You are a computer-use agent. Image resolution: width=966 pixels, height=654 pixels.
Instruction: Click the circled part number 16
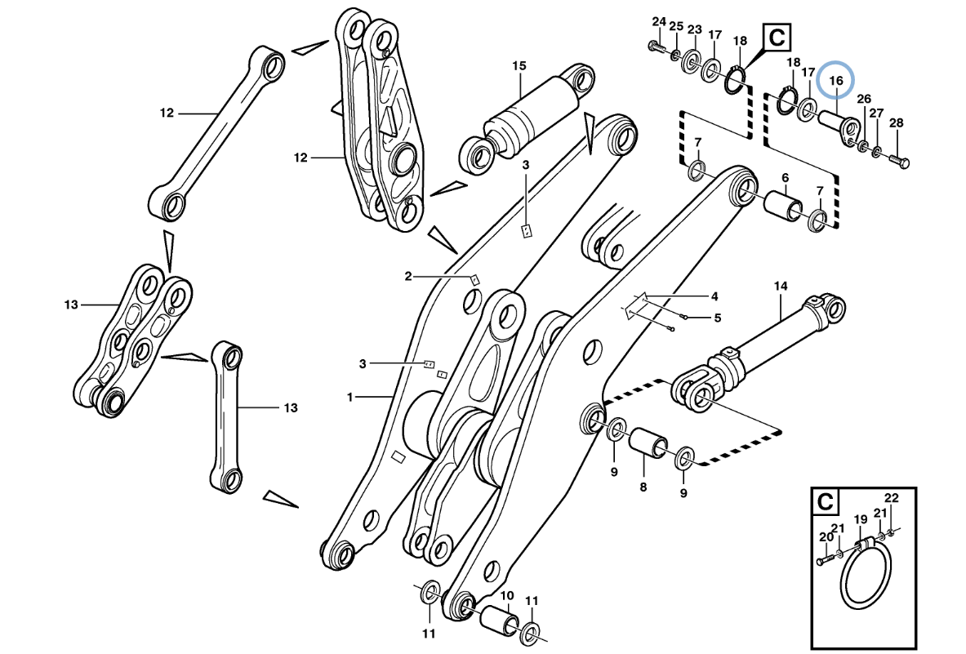[x=835, y=81]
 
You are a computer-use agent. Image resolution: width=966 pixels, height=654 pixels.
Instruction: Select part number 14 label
[x=781, y=286]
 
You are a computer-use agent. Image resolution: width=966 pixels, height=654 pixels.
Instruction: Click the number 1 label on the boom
[x=349, y=398]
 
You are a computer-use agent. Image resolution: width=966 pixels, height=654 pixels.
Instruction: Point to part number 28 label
[x=896, y=123]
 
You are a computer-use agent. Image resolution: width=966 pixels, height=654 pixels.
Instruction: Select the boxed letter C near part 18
[x=777, y=38]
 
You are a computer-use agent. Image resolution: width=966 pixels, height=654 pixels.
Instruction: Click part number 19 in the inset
[x=860, y=518]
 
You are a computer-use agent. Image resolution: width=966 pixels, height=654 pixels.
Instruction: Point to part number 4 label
[x=714, y=296]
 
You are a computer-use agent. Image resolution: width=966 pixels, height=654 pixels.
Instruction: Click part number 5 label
[x=718, y=318]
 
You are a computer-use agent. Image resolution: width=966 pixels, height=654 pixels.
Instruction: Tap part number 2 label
[x=408, y=276]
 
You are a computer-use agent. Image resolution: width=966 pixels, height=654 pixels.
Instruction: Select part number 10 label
[x=506, y=595]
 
